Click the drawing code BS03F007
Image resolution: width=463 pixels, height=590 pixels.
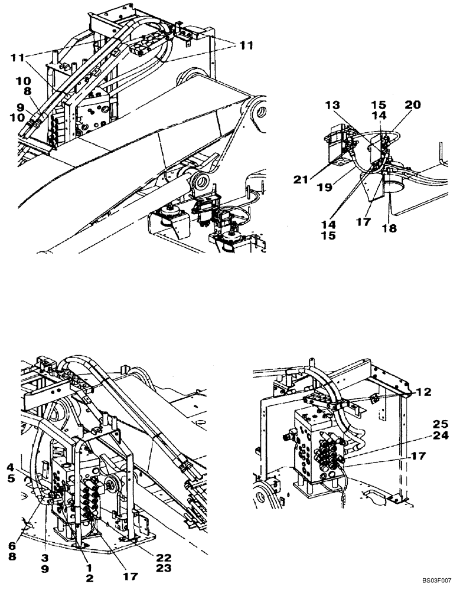(435, 581)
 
